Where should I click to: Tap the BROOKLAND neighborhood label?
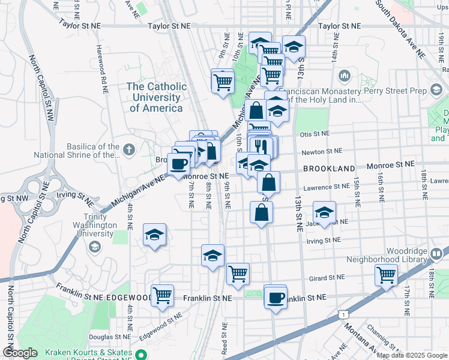[x=329, y=169]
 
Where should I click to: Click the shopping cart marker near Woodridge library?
[x=386, y=275]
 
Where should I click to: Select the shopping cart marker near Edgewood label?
[x=162, y=295]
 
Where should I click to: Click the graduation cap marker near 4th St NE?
[x=154, y=235]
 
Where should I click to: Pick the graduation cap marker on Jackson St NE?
[x=324, y=212]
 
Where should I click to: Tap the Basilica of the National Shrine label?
[x=76, y=150]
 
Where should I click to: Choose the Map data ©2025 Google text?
[x=411, y=355]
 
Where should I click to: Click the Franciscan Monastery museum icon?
[x=345, y=76]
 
